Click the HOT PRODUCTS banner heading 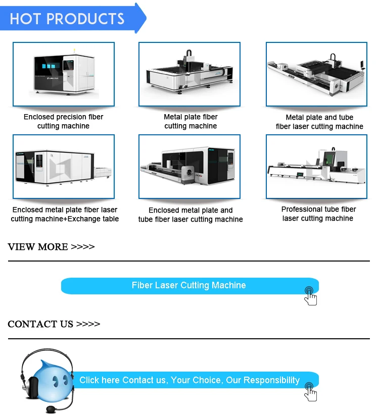67,19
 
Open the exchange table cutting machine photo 64,166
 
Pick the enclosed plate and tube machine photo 189,166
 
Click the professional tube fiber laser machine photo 317,166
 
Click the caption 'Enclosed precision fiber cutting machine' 64,121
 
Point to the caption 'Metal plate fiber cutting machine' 191,121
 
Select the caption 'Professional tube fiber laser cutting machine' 318,214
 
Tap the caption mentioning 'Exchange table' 65,214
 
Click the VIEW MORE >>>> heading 51,247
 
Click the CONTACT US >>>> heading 54,324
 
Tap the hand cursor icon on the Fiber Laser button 310,296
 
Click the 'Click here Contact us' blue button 189,380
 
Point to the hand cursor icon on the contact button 310,391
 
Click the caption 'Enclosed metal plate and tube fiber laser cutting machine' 191,215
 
